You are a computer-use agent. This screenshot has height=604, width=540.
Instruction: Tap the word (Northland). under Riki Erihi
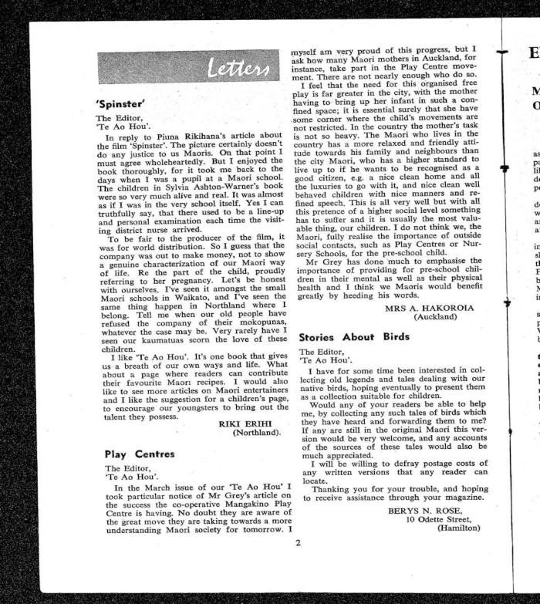tap(257, 434)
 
